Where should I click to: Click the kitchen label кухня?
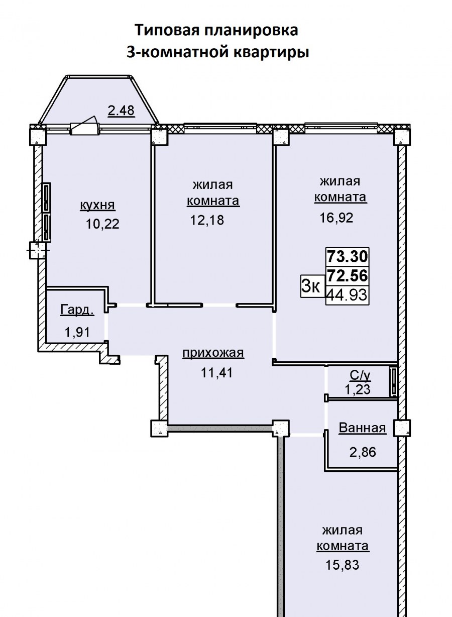[97, 205]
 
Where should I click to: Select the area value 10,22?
[102, 224]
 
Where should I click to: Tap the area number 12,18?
[207, 220]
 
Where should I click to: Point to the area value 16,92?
[336, 218]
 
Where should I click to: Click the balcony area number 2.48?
[121, 111]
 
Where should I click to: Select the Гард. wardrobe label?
[77, 310]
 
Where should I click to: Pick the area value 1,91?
[77, 332]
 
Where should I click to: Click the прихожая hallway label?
[213, 353]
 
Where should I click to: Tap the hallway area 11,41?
[217, 373]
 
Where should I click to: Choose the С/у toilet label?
[360, 376]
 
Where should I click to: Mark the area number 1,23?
[358, 389]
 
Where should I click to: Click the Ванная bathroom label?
[362, 428]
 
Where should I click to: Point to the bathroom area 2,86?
[363, 452]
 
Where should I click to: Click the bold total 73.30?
[348, 256]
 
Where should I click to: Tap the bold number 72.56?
[348, 275]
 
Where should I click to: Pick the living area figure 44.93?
[347, 295]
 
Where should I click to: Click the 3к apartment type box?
[311, 286]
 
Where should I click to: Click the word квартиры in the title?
[271, 52]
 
